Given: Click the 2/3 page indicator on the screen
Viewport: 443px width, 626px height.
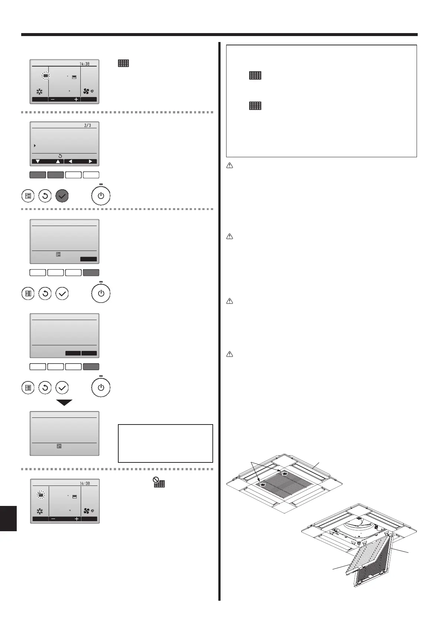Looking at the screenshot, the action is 87,126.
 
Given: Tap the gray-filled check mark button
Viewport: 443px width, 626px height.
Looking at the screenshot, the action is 62,196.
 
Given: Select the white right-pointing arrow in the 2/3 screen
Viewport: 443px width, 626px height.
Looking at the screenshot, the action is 90,162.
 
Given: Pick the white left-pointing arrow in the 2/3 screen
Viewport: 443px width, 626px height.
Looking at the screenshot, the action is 70,162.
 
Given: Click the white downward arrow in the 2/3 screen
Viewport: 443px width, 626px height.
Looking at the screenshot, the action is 38,162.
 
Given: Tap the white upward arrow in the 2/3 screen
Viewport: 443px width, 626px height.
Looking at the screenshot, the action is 58,162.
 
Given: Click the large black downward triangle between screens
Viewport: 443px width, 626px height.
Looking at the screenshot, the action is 64,403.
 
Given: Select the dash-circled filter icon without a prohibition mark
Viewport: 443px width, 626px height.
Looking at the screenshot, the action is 45,76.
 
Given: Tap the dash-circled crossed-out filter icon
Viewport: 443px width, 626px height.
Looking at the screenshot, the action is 41,495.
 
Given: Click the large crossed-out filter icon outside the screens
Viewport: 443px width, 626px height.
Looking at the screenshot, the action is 159,483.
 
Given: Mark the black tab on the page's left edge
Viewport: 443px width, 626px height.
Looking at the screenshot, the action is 8,518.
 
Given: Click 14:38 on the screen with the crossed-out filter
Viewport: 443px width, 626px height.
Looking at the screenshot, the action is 85,484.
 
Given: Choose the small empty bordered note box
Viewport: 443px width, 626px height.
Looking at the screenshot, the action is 165,443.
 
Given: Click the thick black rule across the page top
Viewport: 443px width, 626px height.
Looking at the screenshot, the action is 219,35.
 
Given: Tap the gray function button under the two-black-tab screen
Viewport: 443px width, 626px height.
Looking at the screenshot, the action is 91,367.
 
